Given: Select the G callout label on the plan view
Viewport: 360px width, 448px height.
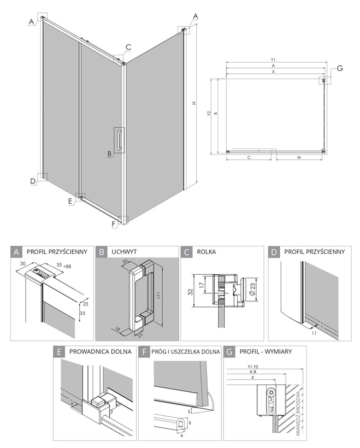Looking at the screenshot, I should [x=340, y=68].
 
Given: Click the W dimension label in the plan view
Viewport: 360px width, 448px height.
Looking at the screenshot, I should [x=299, y=158].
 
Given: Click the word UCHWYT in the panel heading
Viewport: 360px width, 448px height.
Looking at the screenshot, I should [x=125, y=252].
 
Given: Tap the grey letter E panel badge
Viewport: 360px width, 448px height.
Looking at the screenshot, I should [x=59, y=352].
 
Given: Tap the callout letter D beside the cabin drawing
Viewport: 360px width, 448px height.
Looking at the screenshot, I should [x=33, y=181].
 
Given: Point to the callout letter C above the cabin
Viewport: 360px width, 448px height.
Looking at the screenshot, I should [x=128, y=47].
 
